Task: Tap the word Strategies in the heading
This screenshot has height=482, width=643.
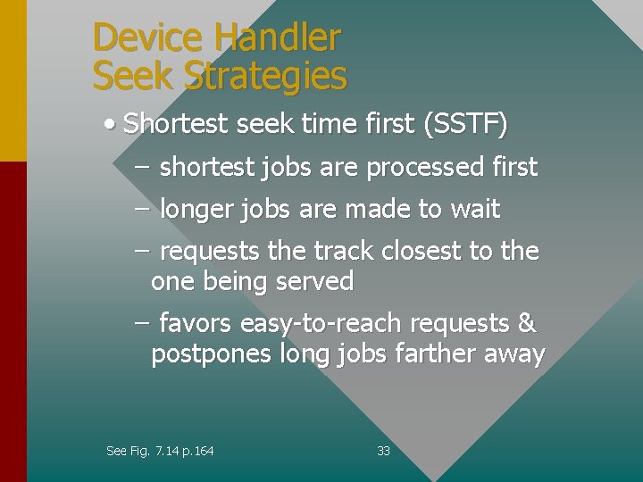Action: click(x=265, y=77)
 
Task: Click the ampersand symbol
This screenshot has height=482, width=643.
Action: click(x=526, y=323)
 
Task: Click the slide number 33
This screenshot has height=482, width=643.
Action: click(x=383, y=451)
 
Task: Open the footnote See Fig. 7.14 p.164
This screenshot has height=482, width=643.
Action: click(x=160, y=451)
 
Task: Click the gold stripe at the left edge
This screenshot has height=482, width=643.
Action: click(x=13, y=80)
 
